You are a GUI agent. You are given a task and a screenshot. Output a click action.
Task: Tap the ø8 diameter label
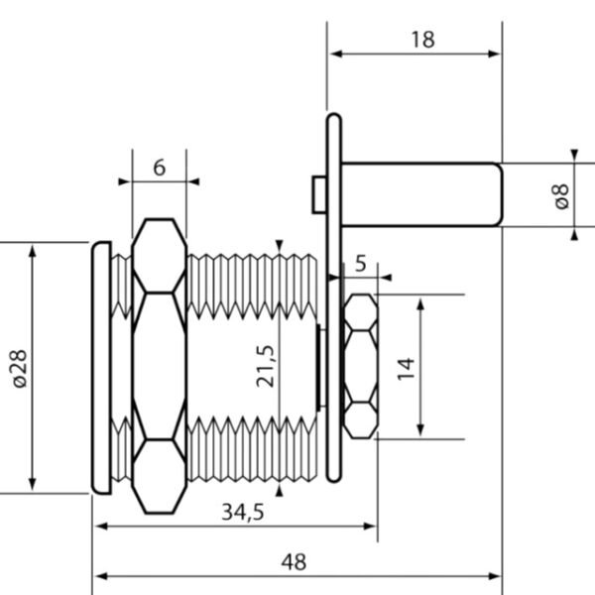point(561,195)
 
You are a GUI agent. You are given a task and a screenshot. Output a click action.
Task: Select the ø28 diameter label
point(19,367)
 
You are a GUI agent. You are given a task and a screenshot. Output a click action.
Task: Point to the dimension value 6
point(159,168)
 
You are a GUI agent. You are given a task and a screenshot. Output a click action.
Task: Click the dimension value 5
point(360,264)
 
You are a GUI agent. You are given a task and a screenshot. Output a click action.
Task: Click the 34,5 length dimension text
point(242,512)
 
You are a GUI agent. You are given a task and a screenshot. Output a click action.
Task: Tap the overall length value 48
point(294,562)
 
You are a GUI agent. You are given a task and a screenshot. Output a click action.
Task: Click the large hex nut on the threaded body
point(159,367)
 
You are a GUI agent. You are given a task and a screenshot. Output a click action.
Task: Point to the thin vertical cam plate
point(334,297)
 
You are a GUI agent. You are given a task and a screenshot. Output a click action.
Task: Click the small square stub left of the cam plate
point(317,193)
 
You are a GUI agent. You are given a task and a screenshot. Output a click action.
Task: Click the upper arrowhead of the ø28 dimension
point(33,248)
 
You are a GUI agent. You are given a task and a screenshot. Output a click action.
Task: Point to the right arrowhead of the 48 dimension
point(496,577)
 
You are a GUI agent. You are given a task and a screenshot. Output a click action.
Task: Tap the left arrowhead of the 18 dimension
point(334,55)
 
